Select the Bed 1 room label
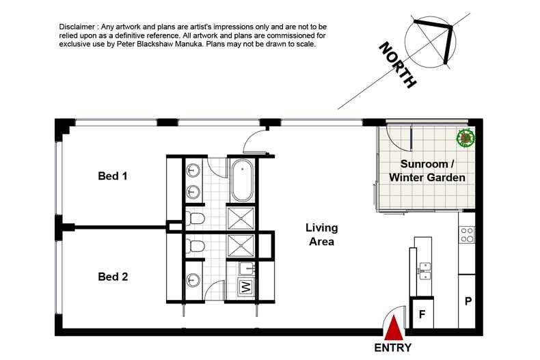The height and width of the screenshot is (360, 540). (113, 176)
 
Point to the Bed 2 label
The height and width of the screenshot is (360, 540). (113, 277)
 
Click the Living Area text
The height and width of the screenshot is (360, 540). (321, 234)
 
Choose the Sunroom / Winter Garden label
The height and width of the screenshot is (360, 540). (427, 171)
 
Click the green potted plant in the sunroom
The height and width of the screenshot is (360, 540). (466, 138)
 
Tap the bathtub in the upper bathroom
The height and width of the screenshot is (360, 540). (240, 180)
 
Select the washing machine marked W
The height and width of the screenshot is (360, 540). (244, 288)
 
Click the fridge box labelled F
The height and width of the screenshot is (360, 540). (422, 316)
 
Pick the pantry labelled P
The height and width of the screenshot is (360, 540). (468, 301)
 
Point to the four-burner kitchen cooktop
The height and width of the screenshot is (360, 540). (468, 235)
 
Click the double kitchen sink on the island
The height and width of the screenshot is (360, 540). (424, 270)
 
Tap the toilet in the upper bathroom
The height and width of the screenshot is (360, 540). (195, 219)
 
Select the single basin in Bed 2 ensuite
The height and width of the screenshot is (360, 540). (195, 279)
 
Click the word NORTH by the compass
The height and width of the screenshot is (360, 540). (397, 66)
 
